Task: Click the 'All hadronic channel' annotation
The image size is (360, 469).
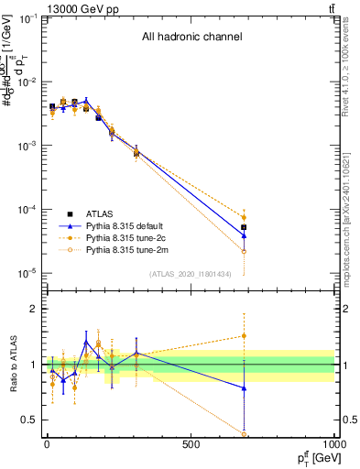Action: point(191,38)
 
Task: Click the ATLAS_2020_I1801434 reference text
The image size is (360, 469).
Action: point(189,275)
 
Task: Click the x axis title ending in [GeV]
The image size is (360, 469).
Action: point(314,459)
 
